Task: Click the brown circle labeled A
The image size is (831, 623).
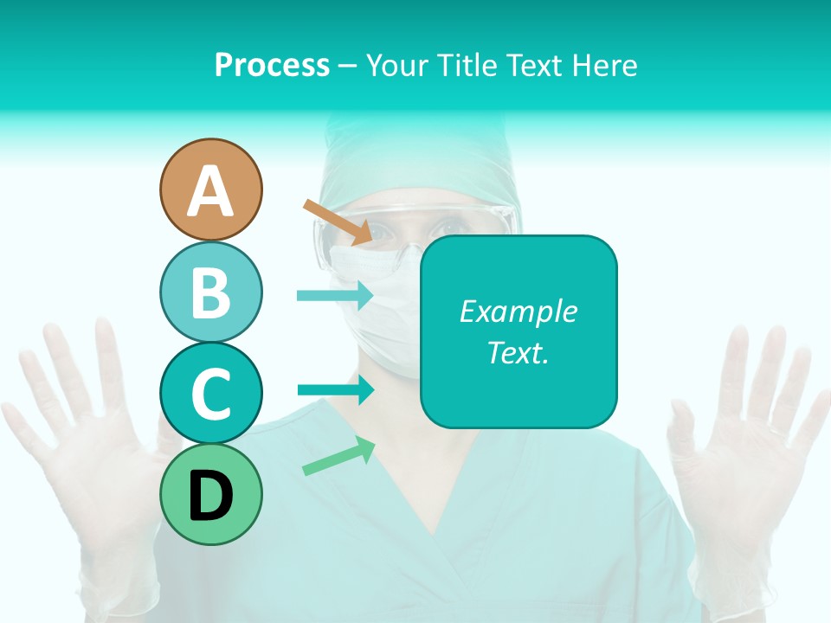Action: click(x=210, y=189)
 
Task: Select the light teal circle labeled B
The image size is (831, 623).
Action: click(x=210, y=292)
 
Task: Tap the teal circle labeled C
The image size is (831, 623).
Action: click(x=210, y=393)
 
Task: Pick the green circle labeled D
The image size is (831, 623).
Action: click(x=210, y=494)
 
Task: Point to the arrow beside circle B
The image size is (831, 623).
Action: click(x=334, y=295)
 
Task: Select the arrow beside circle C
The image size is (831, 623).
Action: click(x=335, y=389)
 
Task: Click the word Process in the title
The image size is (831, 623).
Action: click(x=272, y=65)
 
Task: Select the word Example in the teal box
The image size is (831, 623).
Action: click(x=518, y=311)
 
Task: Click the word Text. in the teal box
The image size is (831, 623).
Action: click(x=518, y=352)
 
